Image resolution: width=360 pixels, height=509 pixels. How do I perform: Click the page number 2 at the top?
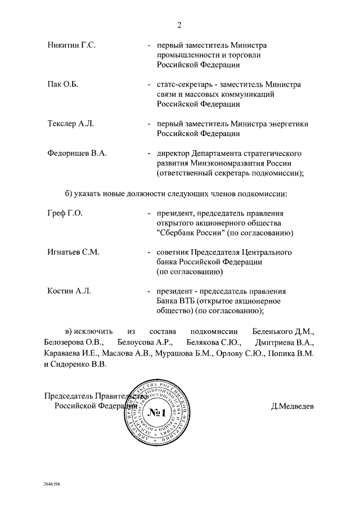coord(179,25)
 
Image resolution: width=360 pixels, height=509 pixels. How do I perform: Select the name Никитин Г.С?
coord(71,45)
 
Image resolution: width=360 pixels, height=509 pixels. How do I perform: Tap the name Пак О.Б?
coord(62,84)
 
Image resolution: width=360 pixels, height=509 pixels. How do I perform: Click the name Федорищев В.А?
coord(77,153)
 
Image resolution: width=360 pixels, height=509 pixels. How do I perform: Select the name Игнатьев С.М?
coord(73,252)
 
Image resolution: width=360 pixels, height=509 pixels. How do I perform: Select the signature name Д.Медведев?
coord(292,406)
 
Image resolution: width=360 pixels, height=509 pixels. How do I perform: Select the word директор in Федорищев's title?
coord(173,153)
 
